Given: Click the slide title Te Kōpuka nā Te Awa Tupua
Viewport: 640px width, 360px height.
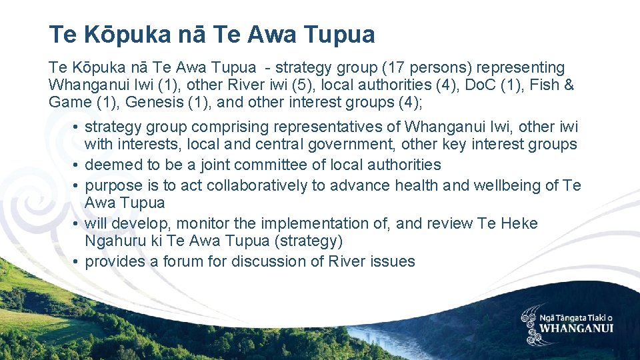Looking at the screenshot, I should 212,35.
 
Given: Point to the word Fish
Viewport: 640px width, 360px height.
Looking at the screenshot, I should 543,85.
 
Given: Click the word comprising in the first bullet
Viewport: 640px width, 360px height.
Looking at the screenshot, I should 219,127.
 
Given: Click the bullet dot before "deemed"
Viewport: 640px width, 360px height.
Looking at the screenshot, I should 77,165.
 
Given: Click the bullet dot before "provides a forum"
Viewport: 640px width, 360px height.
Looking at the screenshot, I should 77,261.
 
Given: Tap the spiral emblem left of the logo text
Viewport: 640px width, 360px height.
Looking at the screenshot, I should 531,324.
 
